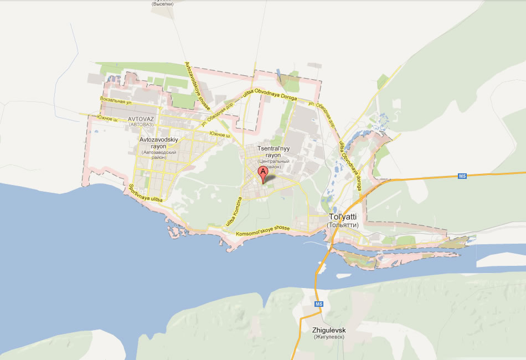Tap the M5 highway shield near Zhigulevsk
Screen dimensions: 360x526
click(x=318, y=305)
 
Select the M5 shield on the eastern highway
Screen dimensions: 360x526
click(x=463, y=176)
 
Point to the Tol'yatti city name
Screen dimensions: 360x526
click(x=344, y=217)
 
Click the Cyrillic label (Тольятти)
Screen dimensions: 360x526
click(x=343, y=225)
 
